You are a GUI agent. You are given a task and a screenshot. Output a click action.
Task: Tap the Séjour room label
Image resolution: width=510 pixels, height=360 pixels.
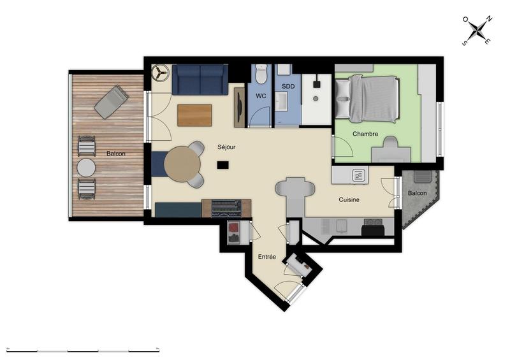(x=226, y=147)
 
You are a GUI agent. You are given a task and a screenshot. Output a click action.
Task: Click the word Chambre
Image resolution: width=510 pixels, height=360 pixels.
(x=365, y=134)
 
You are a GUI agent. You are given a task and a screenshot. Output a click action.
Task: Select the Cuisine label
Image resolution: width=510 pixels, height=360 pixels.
(x=349, y=199)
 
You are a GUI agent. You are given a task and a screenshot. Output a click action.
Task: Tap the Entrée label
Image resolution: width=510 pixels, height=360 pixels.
(x=266, y=257)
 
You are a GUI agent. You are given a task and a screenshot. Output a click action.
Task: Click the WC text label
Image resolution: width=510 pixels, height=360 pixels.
(x=261, y=96)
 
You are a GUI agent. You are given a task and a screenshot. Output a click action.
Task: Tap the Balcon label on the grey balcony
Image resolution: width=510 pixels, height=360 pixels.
(x=417, y=193)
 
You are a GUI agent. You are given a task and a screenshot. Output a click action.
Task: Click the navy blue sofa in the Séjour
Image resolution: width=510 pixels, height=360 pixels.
(x=200, y=80)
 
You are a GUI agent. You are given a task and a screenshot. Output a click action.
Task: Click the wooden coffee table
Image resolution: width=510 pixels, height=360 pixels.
(x=194, y=115)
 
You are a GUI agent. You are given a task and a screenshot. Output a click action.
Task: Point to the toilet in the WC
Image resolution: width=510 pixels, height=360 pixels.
(x=261, y=75)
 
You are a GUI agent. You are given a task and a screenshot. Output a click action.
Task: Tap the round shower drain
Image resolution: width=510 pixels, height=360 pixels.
(x=316, y=99)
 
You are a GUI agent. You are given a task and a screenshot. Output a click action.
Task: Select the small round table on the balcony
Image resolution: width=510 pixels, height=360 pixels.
(x=86, y=168)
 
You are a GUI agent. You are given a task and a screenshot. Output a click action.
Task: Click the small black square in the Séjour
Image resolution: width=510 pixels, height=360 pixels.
(x=222, y=165)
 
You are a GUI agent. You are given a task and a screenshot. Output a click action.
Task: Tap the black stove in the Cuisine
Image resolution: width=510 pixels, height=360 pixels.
(x=373, y=227)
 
